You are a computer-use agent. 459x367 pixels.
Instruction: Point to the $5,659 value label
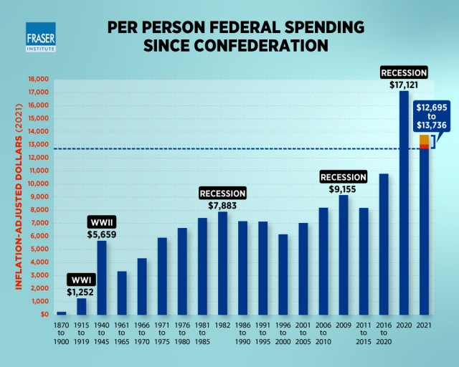tap(102, 233)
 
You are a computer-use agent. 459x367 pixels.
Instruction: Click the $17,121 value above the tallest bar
tap(404, 84)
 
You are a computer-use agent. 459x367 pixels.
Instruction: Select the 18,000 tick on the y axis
tap(37, 79)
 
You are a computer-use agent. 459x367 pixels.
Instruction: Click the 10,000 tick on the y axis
tap(37, 183)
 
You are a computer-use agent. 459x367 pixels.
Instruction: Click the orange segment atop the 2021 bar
tap(425, 139)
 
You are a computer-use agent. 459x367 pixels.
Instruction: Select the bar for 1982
tap(223, 262)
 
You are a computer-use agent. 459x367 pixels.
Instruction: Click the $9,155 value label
tap(344, 189)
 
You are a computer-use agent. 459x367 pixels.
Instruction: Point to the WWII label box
tap(102, 221)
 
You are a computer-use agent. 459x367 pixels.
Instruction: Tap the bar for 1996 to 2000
tap(283, 274)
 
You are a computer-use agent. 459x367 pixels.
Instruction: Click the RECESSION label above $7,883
tap(223, 194)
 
